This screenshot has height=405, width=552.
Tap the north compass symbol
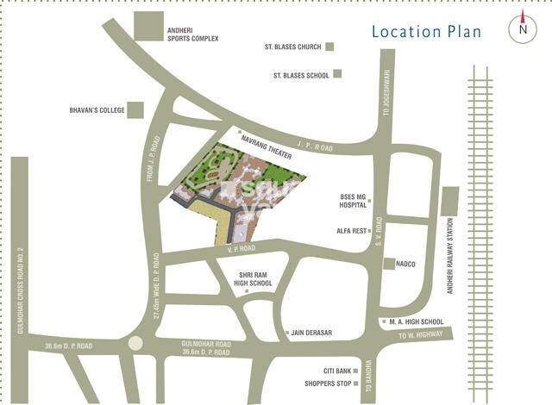pyautogui.click(x=523, y=28)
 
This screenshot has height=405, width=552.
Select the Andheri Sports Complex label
pyautogui.click(x=192, y=34)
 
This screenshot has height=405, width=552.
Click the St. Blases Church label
pyautogui.click(x=294, y=47)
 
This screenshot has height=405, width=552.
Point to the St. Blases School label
pyautogui.click(x=301, y=75)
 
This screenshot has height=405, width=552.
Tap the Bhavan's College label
pyautogui.click(x=97, y=110)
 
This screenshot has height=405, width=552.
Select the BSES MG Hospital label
pyautogui.click(x=353, y=201)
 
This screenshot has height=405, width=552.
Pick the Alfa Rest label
pyautogui.click(x=353, y=231)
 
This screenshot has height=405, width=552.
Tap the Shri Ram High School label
pyautogui.click(x=255, y=278)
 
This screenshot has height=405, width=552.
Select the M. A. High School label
pyautogui.click(x=417, y=322)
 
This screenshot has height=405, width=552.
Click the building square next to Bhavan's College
pyautogui.click(x=135, y=109)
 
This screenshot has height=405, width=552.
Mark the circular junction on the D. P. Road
pyautogui.click(x=134, y=344)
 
